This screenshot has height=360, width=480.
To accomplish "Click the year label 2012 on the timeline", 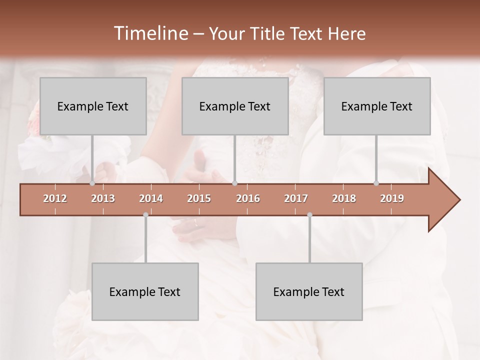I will coord(55,198).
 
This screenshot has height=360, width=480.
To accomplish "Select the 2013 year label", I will coord(103,198).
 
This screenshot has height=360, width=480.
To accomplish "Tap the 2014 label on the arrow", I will coord(151,198).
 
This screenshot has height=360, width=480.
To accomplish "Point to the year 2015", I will coord(199,198).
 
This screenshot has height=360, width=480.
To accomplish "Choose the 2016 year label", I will coord(248,198).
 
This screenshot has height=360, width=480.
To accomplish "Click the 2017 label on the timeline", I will coord(296,198).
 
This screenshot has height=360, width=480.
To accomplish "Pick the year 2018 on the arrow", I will coord(344,198).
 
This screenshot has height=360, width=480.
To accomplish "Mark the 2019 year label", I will coord(392,198).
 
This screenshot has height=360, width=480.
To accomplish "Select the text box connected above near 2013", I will coord(93,106).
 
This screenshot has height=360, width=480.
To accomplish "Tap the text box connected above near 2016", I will coord(235,106).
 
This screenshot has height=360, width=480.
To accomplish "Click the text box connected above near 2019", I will coord(377,106).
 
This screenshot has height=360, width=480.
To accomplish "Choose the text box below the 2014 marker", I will coord(145,292).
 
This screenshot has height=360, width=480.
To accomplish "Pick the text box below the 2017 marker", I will coord(309,292).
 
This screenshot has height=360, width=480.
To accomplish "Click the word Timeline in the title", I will coord(150,33).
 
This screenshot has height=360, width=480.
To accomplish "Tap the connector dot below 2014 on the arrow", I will coord(145,215).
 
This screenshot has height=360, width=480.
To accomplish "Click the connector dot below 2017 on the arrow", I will coord(309,215).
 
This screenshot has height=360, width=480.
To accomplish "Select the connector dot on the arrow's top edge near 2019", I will coord(376,183).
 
